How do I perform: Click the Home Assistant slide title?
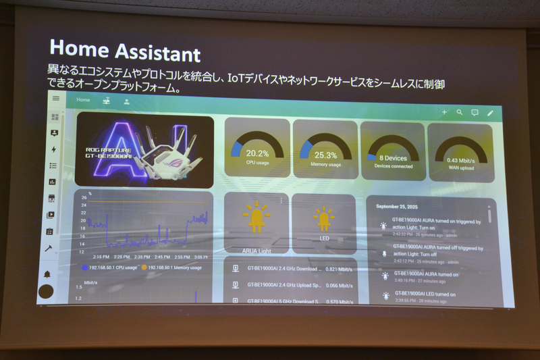point(125,52)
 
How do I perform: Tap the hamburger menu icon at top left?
point(56,99)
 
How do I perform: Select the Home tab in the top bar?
point(83,100)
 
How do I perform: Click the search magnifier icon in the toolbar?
point(460,112)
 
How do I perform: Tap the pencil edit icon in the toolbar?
point(491,113)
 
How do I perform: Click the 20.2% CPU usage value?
point(256,153)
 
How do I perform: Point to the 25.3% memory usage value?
point(325,155)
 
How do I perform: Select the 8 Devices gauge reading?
point(394,158)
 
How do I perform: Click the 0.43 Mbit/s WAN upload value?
point(462,159)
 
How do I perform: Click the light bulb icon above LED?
point(323,218)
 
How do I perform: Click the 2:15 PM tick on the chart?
point(102,257)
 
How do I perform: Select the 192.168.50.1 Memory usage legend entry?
point(172,267)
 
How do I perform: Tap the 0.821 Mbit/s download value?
point(338,269)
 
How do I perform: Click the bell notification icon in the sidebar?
point(47,274)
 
